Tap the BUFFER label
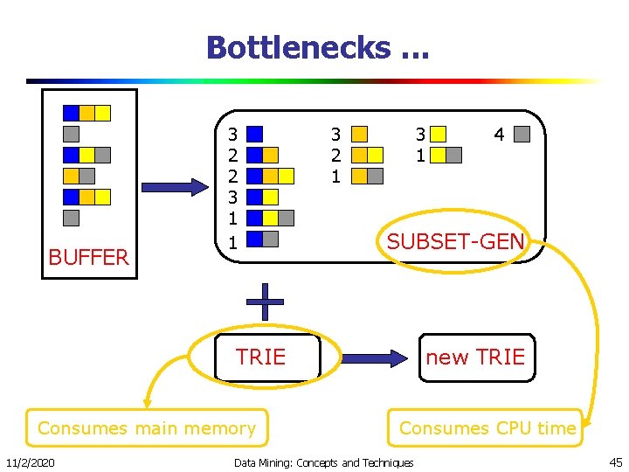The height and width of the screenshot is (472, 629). coord(88,257)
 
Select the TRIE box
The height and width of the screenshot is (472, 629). coord(260,357)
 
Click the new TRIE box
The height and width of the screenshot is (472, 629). coord(475,357)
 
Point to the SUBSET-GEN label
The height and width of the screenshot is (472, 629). coord(455,241)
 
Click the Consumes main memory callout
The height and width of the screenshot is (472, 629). coord(147,428)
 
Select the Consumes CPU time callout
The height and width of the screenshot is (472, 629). coord(487,428)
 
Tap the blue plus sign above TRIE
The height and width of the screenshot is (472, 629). coord(264,302)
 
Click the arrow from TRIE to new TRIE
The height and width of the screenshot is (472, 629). coord(374,357)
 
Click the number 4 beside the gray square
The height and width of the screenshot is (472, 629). coord(499,135)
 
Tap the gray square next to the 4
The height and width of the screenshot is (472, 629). coord(522,135)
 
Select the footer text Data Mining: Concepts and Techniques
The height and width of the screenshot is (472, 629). coord(324,462)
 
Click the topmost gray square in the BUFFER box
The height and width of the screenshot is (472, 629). coord(72,135)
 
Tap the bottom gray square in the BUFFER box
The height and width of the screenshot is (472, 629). coord(72,218)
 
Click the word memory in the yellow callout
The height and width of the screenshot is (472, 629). coord(218,428)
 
